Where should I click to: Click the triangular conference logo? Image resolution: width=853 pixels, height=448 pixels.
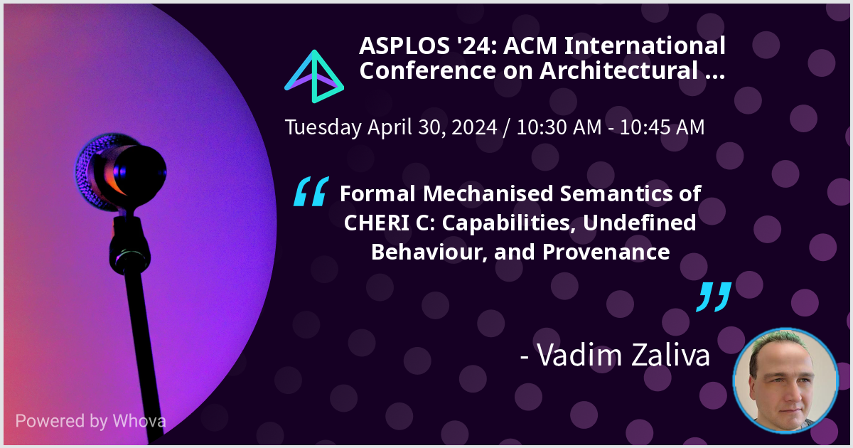point(314,76)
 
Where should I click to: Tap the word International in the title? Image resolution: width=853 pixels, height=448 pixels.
point(645,46)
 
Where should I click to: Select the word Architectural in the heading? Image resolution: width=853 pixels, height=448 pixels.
point(619,71)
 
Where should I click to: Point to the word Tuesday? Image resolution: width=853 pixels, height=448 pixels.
point(323,127)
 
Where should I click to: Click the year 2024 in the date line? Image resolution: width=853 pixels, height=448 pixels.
point(474,127)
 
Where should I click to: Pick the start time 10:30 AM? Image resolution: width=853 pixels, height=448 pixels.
point(559,127)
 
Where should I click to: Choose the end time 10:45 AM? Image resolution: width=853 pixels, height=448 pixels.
point(662,127)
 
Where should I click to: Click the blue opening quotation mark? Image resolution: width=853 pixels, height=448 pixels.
point(311,191)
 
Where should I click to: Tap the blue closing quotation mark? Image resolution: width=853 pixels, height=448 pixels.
point(714,297)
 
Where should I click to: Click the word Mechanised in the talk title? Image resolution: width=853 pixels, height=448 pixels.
point(488,193)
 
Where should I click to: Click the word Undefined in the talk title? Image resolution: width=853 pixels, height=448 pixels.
point(639,223)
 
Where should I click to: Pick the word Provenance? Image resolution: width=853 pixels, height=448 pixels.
point(606,252)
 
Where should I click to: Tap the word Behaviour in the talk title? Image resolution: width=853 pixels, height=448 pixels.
point(429,252)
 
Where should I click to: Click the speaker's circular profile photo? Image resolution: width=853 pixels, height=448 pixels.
point(785,381)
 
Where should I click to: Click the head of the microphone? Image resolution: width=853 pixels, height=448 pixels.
point(121,172)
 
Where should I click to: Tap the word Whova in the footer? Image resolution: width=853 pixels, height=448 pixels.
point(139,421)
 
